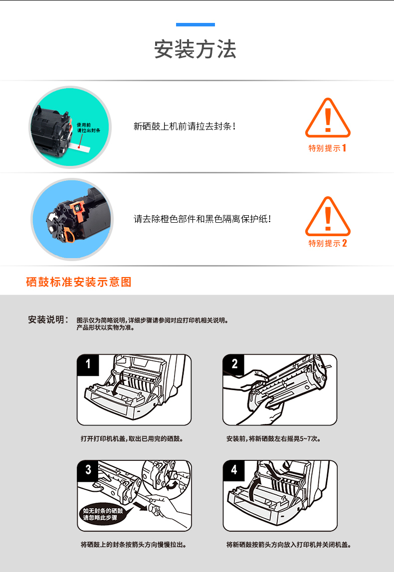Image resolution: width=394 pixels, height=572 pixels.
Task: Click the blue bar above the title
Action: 196,25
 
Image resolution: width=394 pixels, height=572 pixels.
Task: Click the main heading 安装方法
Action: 196,49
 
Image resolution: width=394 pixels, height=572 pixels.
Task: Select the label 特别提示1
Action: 328,148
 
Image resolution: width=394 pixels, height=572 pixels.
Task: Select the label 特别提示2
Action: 328,243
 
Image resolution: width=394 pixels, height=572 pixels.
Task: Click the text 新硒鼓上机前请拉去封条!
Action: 185,127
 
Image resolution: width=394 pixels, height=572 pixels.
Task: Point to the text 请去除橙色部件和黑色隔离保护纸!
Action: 202,219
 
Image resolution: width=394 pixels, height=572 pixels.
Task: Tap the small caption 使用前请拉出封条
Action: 88,128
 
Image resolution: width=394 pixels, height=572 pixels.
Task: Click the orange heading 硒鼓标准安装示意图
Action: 78,282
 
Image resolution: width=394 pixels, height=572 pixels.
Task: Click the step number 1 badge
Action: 88,364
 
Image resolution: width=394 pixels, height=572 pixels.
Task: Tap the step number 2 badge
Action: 234,364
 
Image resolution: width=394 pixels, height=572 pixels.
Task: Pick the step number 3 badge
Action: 88,470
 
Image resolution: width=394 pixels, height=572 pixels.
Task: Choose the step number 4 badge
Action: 234,470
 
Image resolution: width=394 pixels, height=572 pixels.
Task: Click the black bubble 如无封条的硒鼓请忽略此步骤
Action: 102,514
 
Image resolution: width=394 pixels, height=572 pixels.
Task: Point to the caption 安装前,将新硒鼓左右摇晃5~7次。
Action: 273,439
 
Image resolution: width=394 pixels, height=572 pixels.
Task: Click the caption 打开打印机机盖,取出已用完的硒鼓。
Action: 132,439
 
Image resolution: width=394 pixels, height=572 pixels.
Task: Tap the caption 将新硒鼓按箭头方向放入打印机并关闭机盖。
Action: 288,545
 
